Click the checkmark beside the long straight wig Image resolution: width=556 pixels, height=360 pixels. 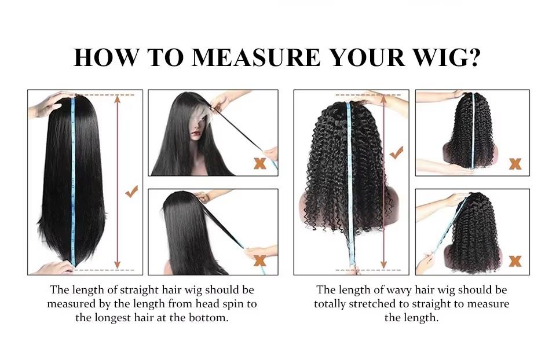tap(132, 192)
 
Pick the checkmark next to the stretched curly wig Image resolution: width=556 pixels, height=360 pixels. tap(397, 153)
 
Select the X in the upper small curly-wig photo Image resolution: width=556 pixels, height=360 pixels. tap(515, 164)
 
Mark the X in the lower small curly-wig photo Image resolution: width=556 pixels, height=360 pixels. tap(515, 261)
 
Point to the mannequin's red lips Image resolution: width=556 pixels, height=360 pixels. tap(197, 134)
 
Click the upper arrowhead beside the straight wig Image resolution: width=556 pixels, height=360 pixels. tap(118, 100)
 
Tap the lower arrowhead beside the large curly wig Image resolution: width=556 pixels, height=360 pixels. tap(383, 265)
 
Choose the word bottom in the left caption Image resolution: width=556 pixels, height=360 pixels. tap(213, 318)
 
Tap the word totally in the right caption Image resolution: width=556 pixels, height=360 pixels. tap(330, 304)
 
